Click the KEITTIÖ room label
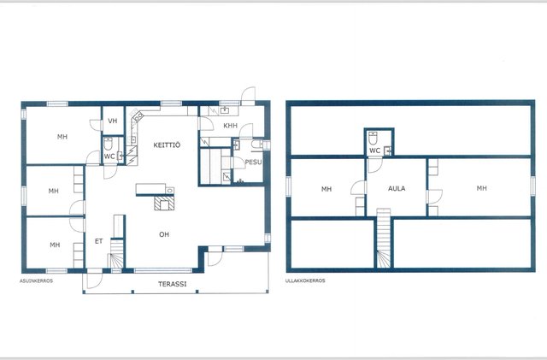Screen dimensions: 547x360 167,145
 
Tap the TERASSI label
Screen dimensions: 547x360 173,284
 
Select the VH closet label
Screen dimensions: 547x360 112,121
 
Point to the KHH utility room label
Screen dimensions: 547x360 230,126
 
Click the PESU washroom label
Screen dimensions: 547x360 253,162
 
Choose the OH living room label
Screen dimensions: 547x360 164,234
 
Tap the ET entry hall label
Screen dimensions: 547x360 99,241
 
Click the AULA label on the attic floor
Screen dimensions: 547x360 397,189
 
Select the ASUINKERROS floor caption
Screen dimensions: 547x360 36,280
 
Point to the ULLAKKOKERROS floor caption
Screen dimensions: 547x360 305,280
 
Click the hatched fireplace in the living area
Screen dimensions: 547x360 164,203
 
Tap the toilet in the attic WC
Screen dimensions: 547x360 373,139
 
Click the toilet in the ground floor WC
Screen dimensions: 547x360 109,144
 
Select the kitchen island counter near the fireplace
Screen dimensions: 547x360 155,189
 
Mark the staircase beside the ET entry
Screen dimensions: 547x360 117,254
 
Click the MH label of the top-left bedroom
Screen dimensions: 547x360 62,137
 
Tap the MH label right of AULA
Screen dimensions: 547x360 481,188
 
